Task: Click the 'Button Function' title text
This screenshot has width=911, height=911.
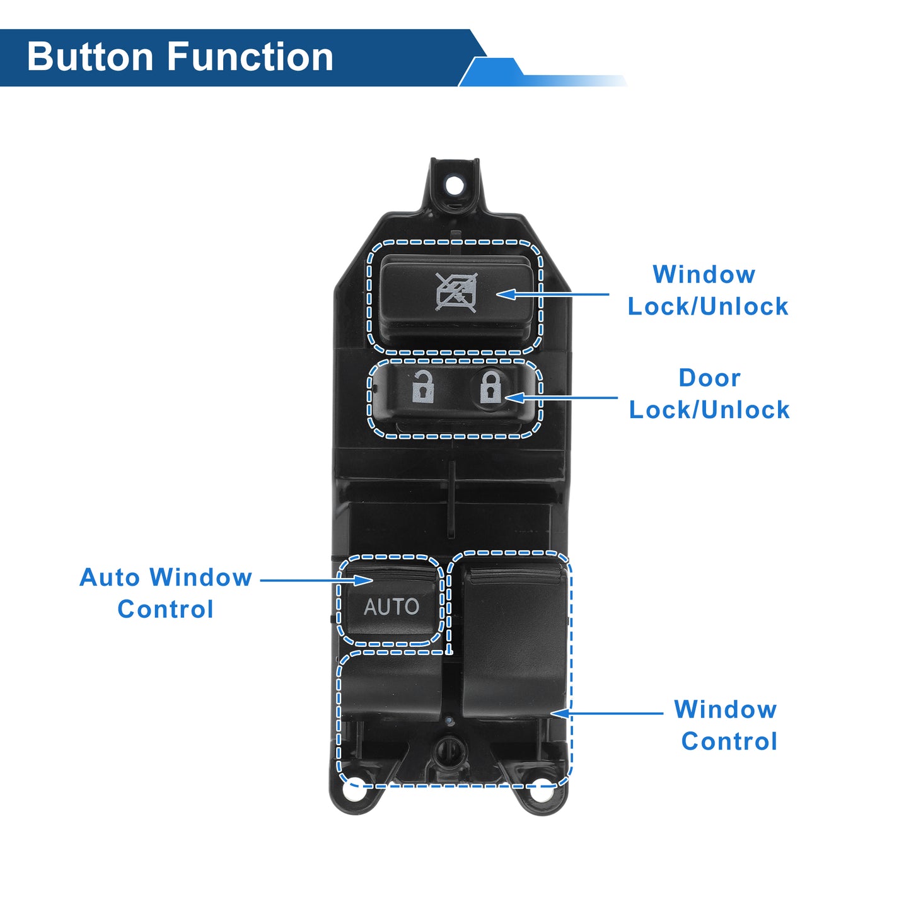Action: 180,57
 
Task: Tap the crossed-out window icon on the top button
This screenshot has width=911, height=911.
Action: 456,292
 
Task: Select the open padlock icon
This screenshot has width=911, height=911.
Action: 422,387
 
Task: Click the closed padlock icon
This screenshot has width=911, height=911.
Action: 490,387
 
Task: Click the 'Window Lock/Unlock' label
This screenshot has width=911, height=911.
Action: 707,290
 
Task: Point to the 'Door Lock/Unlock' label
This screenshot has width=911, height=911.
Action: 709,394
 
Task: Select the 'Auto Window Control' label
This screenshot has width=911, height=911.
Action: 166,593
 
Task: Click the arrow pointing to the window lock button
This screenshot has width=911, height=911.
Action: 553,294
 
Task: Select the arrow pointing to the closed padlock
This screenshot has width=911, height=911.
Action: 561,398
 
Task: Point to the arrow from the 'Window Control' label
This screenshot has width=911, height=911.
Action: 607,713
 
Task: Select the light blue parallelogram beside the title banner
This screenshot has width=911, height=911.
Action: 492,72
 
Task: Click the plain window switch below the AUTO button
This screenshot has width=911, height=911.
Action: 392,688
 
